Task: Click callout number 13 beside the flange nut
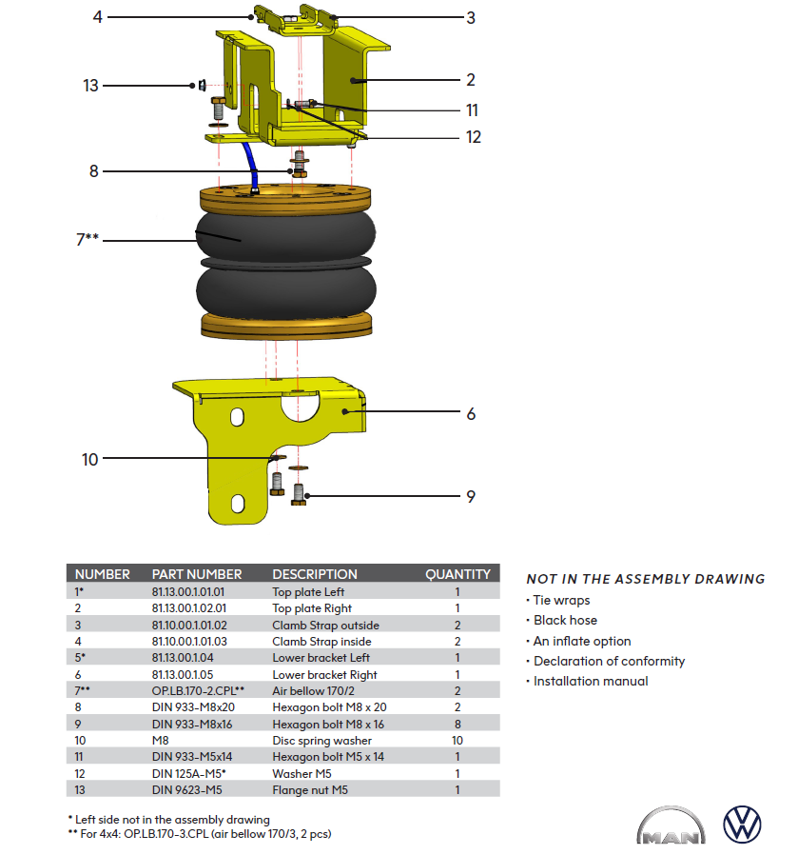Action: point(90,86)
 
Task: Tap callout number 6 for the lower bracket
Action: point(471,414)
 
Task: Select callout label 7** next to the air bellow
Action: point(87,239)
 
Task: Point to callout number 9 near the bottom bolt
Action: point(471,496)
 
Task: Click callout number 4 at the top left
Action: point(97,16)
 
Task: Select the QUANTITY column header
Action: point(457,574)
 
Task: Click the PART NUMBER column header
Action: point(197,574)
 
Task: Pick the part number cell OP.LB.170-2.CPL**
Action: point(199,690)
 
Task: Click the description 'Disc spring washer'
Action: point(321,740)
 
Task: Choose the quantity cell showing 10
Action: point(457,740)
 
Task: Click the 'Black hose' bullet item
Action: point(565,620)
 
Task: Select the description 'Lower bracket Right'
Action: point(324,674)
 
